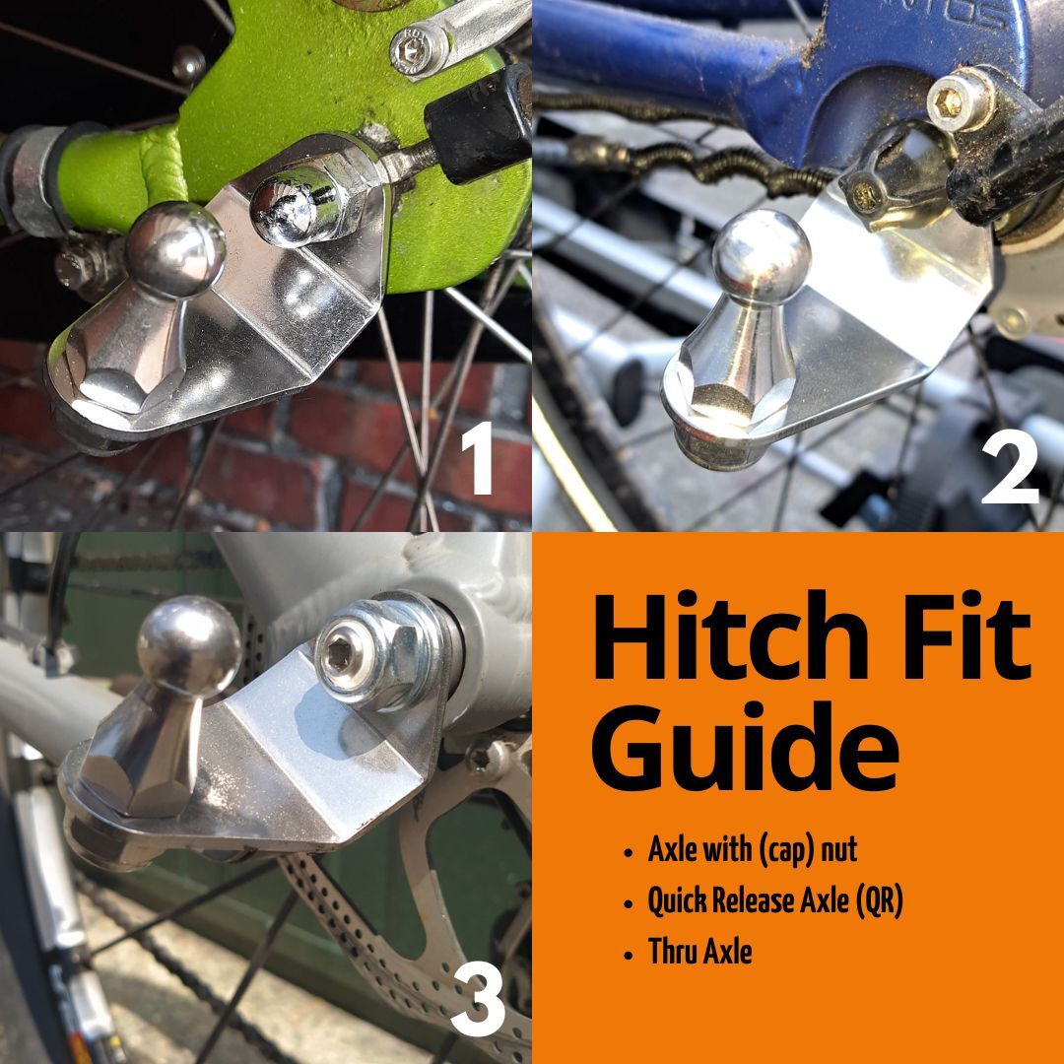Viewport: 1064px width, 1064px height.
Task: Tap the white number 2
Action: pyautogui.click(x=1010, y=466)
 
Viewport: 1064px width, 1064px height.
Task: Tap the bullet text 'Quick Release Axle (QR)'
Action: pyautogui.click(x=774, y=900)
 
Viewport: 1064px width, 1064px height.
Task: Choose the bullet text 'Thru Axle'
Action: pyautogui.click(x=699, y=952)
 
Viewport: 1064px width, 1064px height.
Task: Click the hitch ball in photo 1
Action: pyautogui.click(x=176, y=246)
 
